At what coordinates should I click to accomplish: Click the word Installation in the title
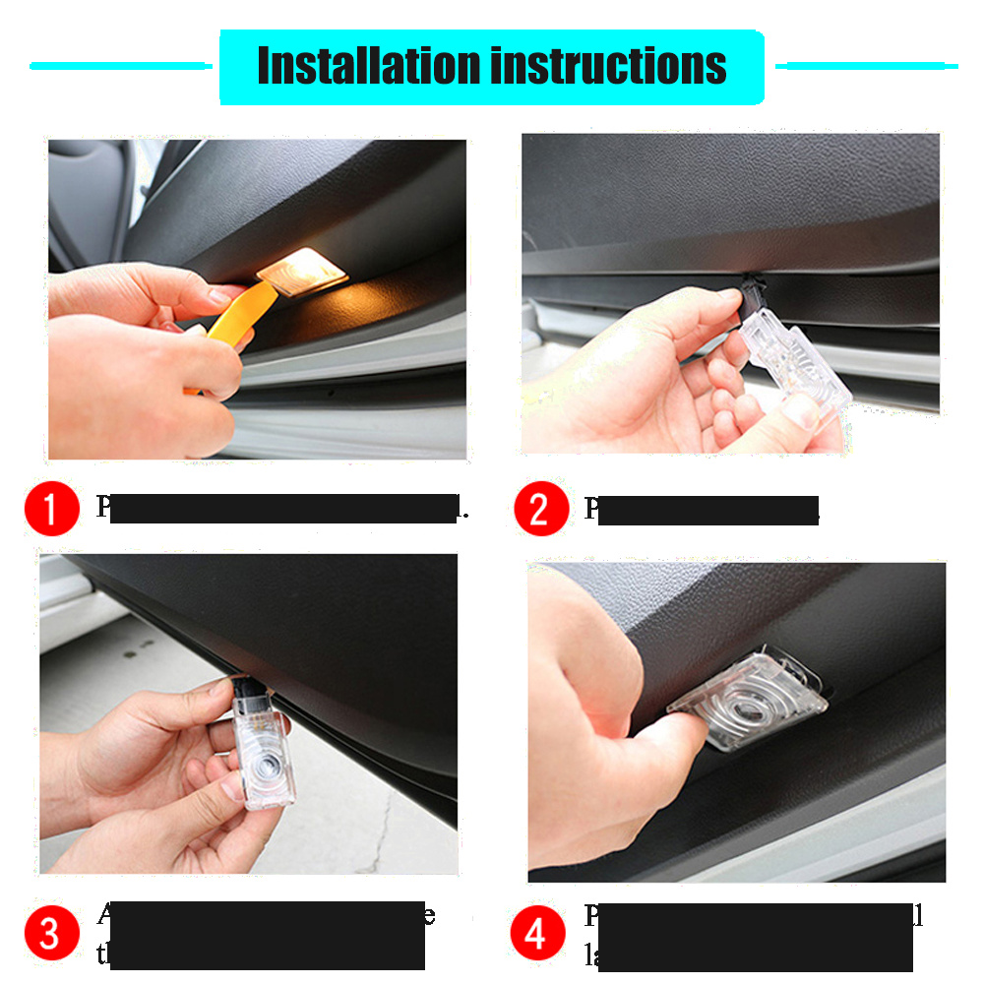tap(368, 66)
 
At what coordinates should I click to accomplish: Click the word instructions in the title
tap(608, 66)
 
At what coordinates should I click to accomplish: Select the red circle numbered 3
tap(51, 932)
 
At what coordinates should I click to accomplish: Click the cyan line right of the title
tap(866, 66)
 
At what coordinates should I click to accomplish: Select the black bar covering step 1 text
tap(285, 509)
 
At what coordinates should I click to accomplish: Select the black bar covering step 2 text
tap(708, 510)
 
